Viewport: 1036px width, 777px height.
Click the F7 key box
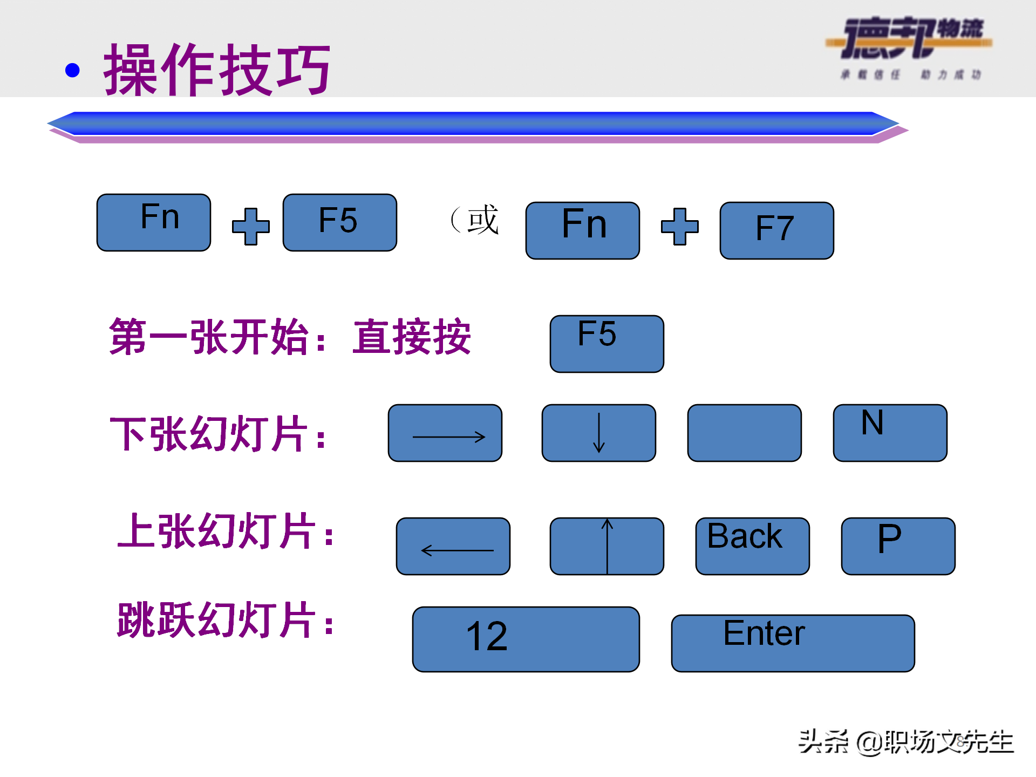pyautogui.click(x=776, y=230)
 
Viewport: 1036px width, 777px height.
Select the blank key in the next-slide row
pyautogui.click(x=744, y=433)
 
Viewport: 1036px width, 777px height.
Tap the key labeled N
pyautogui.click(x=890, y=433)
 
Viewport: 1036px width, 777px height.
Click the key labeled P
pyautogui.click(x=898, y=546)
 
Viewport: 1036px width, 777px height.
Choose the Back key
pyautogui.click(x=752, y=546)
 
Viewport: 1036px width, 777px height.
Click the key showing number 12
pyautogui.click(x=526, y=639)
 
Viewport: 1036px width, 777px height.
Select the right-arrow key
pyautogui.click(x=445, y=433)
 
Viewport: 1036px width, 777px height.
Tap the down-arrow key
pyautogui.click(x=598, y=433)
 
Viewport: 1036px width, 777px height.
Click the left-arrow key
pyautogui.click(x=453, y=546)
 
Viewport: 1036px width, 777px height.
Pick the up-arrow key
pyautogui.click(x=606, y=546)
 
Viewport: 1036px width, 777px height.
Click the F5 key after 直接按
pyautogui.click(x=606, y=344)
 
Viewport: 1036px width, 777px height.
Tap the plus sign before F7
pyautogui.click(x=680, y=227)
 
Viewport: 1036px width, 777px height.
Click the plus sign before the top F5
pyautogui.click(x=251, y=227)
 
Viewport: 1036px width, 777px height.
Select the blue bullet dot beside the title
pyautogui.click(x=72, y=70)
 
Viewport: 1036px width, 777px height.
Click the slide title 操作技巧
pyautogui.click(x=217, y=70)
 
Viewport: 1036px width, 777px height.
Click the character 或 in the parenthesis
pyautogui.click(x=483, y=220)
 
